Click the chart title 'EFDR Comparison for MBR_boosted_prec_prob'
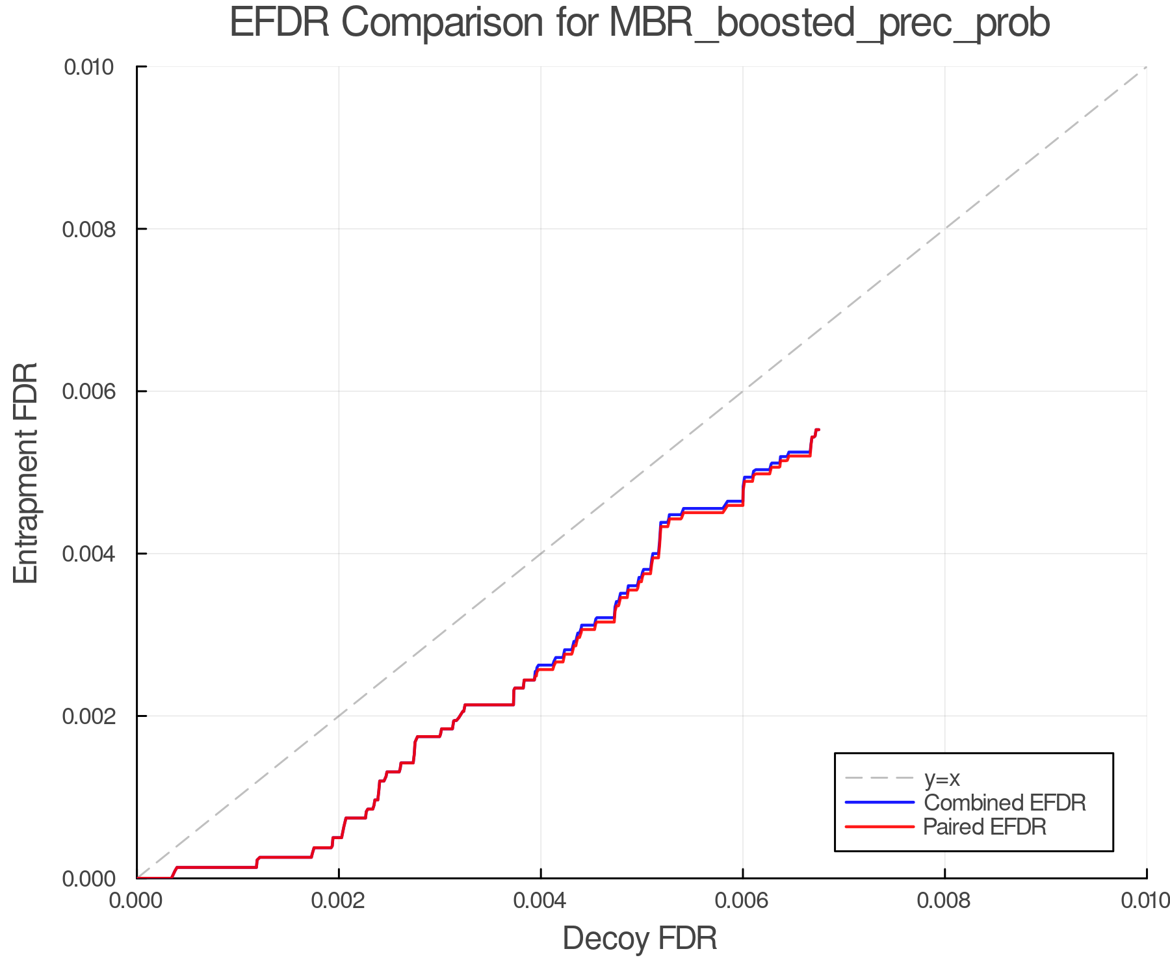pyautogui.click(x=640, y=23)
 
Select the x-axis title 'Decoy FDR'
pyautogui.click(x=640, y=939)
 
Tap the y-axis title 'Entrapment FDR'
pyautogui.click(x=26, y=473)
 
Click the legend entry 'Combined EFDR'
pyautogui.click(x=1004, y=803)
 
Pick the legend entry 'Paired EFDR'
pyautogui.click(x=984, y=827)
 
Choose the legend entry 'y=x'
pyautogui.click(x=942, y=778)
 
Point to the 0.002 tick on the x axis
pyautogui.click(x=339, y=900)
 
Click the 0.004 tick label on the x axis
pyautogui.click(x=541, y=900)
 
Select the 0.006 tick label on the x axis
pyautogui.click(x=742, y=900)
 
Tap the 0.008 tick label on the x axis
pyautogui.click(x=944, y=900)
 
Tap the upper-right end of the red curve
pyautogui.click(x=819, y=430)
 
